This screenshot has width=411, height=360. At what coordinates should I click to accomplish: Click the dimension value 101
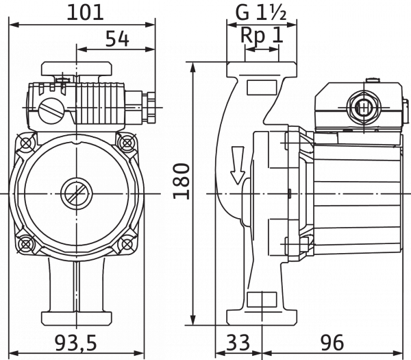[x=85, y=12]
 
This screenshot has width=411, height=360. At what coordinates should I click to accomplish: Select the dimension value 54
[x=118, y=39]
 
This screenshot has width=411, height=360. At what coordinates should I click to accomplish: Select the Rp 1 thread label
[x=263, y=38]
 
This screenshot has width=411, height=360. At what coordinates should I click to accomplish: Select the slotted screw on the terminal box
[x=50, y=110]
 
